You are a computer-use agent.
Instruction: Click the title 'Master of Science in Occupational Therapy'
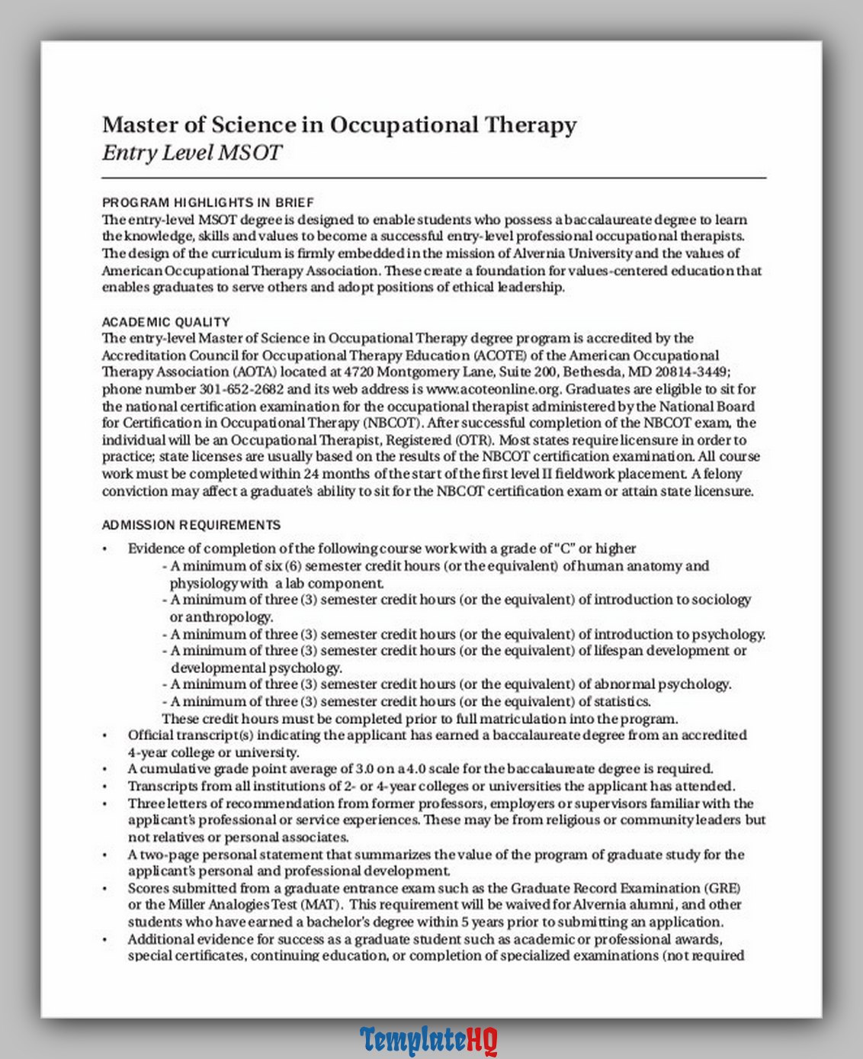click(x=339, y=124)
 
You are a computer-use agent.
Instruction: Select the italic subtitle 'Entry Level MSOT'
click(x=192, y=153)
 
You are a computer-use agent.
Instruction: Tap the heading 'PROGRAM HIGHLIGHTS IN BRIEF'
click(x=207, y=202)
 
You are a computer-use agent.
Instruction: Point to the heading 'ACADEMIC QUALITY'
click(x=165, y=322)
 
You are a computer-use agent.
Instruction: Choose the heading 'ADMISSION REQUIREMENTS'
click(x=191, y=525)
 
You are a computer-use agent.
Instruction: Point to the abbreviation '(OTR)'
click(x=476, y=440)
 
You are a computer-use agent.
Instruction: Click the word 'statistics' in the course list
click(x=622, y=702)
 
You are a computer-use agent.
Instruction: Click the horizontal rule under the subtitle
click(x=434, y=178)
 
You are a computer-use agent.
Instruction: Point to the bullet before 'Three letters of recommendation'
click(x=105, y=803)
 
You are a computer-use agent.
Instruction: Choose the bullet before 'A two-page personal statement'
click(x=105, y=855)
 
